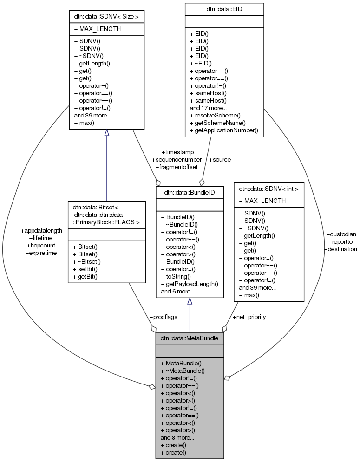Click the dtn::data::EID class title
(224, 8)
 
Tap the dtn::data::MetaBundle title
(190, 338)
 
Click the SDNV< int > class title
(268, 189)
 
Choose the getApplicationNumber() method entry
(224, 130)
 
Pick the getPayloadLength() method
(190, 284)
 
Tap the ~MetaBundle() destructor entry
(182, 371)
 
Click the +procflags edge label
(163, 317)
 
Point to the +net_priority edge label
(249, 317)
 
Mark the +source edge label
(220, 159)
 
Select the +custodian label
(341, 234)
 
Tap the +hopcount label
(41, 245)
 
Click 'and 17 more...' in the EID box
(208, 108)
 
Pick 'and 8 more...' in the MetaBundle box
(177, 437)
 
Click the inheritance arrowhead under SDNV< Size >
(106, 133)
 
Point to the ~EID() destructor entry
(201, 64)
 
